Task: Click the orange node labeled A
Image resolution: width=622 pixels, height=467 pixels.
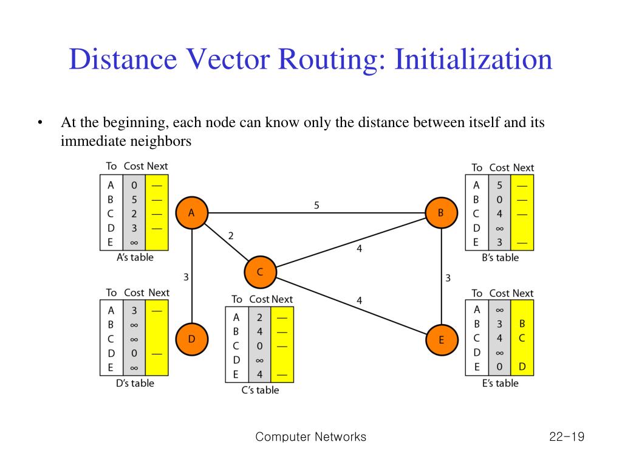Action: [x=191, y=213]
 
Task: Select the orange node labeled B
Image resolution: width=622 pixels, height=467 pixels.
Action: [x=441, y=213]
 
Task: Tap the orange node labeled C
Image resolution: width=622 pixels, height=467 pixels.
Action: [x=260, y=272]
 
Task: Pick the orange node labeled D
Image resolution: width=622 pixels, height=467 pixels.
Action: [x=191, y=339]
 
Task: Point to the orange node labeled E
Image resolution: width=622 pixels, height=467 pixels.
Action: [x=441, y=340]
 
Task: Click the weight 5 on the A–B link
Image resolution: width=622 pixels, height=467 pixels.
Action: [x=316, y=206]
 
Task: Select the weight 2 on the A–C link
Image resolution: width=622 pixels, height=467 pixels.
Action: [x=231, y=236]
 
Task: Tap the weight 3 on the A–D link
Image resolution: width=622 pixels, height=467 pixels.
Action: [x=186, y=277]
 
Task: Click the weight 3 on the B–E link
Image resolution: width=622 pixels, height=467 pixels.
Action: [x=448, y=278]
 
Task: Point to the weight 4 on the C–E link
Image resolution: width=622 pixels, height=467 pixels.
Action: [x=359, y=300]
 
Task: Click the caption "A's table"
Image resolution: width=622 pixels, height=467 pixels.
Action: [x=135, y=257]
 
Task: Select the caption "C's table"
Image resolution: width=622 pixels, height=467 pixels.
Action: [x=260, y=390]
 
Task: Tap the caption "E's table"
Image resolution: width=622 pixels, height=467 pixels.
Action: [x=500, y=383]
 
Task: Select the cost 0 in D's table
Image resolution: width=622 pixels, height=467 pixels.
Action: [x=134, y=353]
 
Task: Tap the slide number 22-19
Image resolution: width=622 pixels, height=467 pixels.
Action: [x=565, y=437]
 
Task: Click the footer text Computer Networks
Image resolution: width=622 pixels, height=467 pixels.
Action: [x=311, y=437]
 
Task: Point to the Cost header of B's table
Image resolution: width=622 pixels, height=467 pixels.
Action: [x=499, y=167]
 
